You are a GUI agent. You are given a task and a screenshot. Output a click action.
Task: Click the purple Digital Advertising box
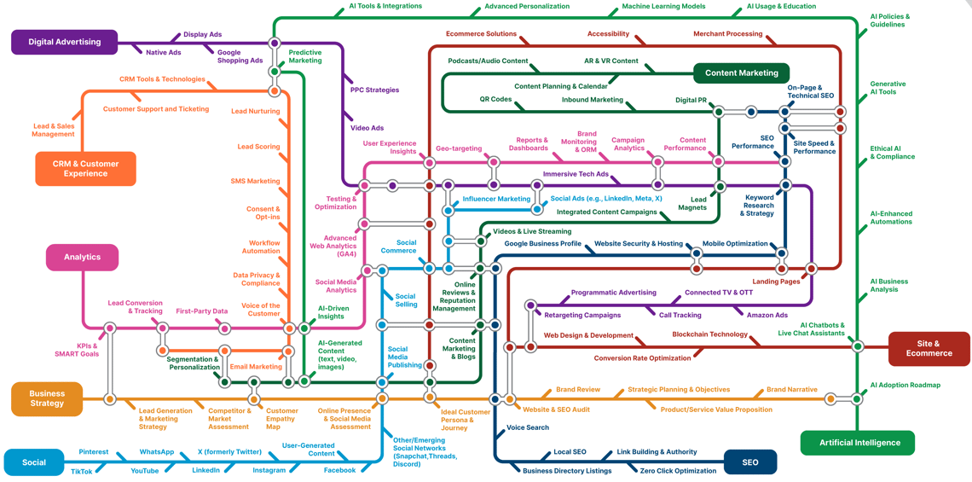[64, 42]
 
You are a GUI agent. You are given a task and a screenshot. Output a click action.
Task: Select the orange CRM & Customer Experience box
[85, 168]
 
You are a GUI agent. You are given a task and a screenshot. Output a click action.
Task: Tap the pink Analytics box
[82, 257]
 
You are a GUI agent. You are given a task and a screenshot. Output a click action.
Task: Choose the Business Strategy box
[47, 398]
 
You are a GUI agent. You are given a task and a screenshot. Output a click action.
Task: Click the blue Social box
[34, 462]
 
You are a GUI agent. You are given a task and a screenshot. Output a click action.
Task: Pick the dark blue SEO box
[750, 462]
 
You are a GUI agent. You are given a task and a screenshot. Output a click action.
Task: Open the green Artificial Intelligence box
[859, 443]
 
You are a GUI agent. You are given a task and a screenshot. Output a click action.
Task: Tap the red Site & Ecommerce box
[929, 348]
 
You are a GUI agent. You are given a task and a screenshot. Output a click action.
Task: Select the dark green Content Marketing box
[741, 73]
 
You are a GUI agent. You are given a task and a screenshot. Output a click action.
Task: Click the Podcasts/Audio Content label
[488, 61]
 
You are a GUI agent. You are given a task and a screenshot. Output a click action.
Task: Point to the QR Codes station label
[495, 99]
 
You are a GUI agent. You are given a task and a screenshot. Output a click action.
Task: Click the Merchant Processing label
[727, 34]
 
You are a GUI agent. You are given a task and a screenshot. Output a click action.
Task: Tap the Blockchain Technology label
[709, 334]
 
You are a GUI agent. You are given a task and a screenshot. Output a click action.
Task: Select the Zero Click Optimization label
[678, 471]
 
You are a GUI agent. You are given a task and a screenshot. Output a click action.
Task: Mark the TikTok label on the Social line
[82, 471]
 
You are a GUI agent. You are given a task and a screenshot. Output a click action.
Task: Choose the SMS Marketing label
[255, 181]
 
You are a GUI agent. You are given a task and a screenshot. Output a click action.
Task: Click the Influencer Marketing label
[496, 199]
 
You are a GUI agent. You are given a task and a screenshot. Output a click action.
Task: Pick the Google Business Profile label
[542, 243]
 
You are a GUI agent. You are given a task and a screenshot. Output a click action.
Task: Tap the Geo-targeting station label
[459, 148]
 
